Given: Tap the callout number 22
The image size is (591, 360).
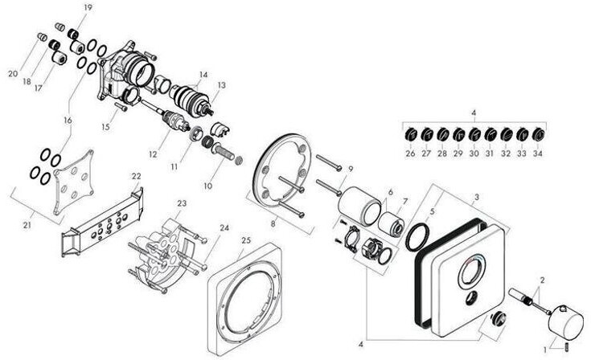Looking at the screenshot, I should (x=136, y=176).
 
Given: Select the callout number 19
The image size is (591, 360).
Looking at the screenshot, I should (x=88, y=7).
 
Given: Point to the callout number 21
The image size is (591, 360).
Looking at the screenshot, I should (x=27, y=226).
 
